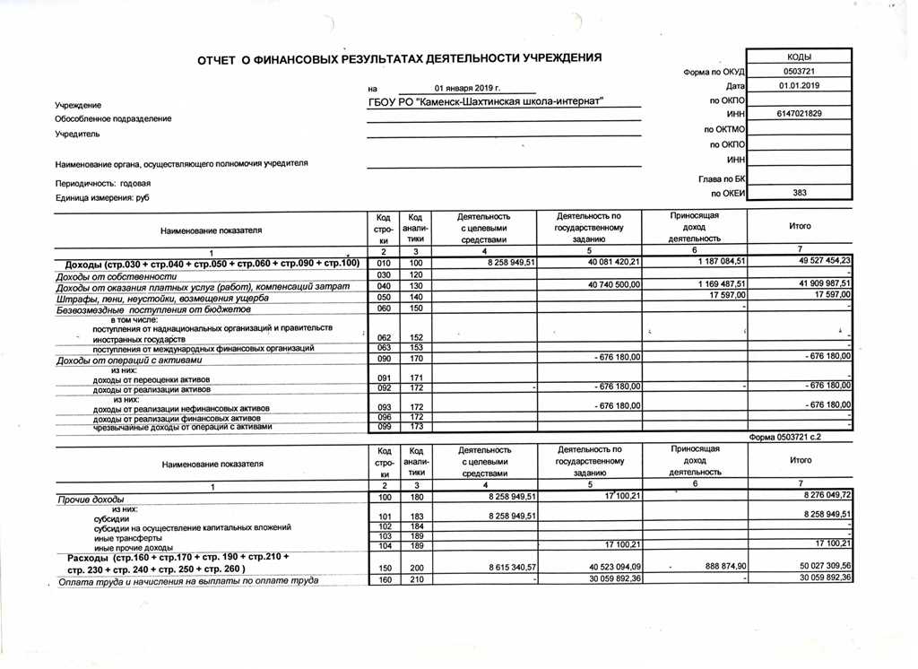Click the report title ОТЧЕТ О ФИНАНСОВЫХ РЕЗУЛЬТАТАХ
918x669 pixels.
(399, 58)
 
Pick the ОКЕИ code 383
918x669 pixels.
(799, 193)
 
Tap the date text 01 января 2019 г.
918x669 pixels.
(466, 88)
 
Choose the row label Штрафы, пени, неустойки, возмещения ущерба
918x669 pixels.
(162, 297)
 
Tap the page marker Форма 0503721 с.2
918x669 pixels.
(801, 438)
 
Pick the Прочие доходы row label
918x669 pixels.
(90, 499)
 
